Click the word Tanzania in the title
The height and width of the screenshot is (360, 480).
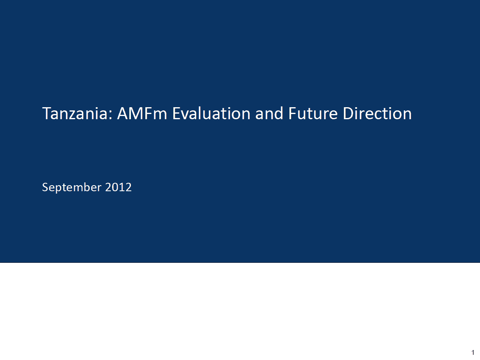tap(75, 114)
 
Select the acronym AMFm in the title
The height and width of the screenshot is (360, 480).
tap(142, 114)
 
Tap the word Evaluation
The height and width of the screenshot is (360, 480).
tap(211, 114)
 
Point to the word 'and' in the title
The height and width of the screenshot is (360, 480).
tap(269, 114)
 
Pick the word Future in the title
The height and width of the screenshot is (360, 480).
tap(313, 114)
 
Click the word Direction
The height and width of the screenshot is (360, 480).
tap(378, 114)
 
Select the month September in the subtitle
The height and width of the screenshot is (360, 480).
tap(72, 187)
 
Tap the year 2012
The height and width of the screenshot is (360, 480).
tap(118, 187)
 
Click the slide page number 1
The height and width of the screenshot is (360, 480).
tap(473, 352)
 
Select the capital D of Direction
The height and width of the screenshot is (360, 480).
tap(348, 114)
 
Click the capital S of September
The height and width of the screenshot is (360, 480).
tap(45, 187)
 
